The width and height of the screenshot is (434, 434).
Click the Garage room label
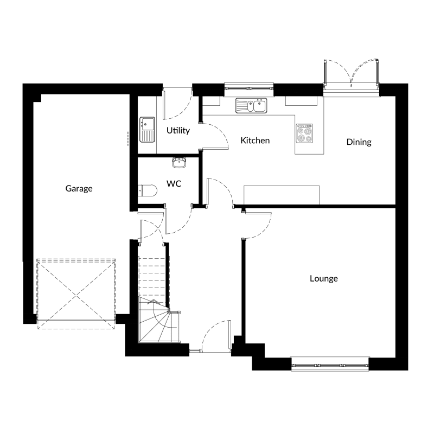(x=79, y=188)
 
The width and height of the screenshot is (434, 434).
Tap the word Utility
(x=178, y=130)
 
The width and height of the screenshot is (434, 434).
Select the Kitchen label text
(x=255, y=141)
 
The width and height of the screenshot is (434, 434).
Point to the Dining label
(x=359, y=142)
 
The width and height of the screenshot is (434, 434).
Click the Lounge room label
(x=324, y=278)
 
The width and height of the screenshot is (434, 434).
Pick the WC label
(x=174, y=183)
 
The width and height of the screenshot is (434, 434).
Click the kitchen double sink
(x=251, y=105)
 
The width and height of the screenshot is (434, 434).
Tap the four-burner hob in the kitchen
(x=304, y=133)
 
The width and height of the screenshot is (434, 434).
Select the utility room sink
(x=147, y=130)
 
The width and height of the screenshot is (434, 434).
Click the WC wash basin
(x=180, y=162)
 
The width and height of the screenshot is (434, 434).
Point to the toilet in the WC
(x=147, y=190)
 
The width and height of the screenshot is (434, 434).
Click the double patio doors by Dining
(x=351, y=73)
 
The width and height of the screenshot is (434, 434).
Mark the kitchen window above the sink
(x=249, y=87)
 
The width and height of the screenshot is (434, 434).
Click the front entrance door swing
(x=216, y=336)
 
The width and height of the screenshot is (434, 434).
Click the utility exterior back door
(x=177, y=103)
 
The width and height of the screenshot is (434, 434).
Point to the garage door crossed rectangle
(x=76, y=294)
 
